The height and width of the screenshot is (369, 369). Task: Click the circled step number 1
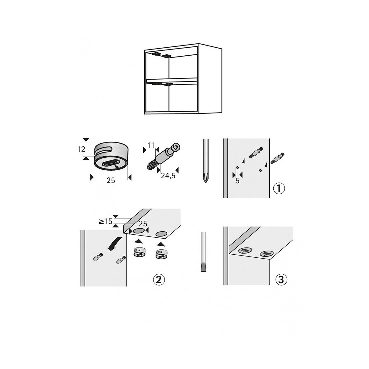tap(279, 188)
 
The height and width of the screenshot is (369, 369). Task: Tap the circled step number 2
tap(159, 280)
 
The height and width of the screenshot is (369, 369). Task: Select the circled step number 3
tap(281, 280)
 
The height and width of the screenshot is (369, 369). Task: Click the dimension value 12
tap(81, 149)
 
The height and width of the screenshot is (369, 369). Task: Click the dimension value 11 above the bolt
tap(151, 145)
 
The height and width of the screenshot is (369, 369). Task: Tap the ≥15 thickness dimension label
tap(105, 221)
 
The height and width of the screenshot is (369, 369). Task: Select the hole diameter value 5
tap(237, 181)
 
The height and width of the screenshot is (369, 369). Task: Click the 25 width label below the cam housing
tap(111, 181)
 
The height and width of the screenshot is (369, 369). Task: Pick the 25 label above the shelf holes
tap(143, 224)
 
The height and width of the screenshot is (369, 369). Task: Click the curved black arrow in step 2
tap(114, 243)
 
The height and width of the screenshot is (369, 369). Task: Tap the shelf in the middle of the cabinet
tap(172, 81)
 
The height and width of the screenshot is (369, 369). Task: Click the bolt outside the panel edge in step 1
tap(277, 158)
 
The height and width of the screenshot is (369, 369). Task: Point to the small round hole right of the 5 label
tap(260, 170)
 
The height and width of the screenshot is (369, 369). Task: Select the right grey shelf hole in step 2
tap(161, 234)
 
